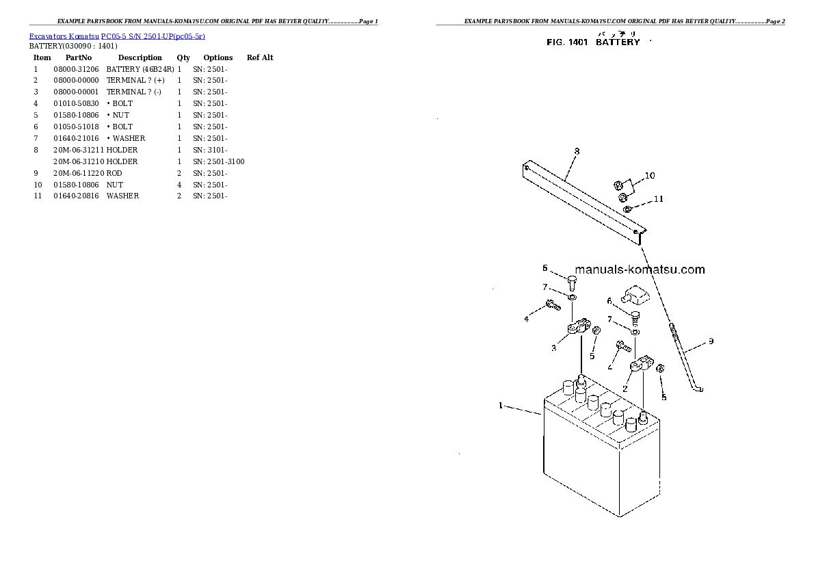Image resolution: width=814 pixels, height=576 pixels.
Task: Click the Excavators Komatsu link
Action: (64, 36)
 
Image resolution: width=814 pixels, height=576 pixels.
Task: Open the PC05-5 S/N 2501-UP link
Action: (153, 36)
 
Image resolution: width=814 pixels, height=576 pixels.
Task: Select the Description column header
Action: (140, 57)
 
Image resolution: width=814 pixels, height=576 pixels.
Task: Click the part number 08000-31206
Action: (76, 69)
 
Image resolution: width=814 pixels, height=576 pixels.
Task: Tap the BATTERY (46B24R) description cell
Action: (140, 69)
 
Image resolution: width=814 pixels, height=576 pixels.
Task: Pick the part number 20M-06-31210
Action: (79, 161)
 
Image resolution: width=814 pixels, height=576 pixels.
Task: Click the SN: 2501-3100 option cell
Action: (219, 161)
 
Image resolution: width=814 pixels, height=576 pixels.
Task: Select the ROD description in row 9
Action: (114, 174)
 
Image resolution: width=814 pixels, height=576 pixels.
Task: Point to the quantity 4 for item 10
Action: (179, 185)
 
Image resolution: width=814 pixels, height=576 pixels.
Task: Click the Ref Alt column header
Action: (259, 57)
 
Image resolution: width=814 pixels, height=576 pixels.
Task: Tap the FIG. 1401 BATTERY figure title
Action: (593, 42)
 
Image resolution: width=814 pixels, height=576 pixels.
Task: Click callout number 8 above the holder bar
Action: (577, 151)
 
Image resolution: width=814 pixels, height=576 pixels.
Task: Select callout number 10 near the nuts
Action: (650, 176)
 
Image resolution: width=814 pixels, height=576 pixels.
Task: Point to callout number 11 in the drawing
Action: (658, 198)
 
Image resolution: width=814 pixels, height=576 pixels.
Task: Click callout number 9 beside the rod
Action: (711, 341)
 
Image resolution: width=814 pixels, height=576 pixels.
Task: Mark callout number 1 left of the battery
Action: (501, 405)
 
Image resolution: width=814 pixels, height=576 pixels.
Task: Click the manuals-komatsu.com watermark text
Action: (640, 269)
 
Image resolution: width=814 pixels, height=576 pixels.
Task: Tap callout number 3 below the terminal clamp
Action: (553, 348)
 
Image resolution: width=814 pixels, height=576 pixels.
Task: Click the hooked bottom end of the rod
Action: (698, 388)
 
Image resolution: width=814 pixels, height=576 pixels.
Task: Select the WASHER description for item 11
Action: (122, 196)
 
